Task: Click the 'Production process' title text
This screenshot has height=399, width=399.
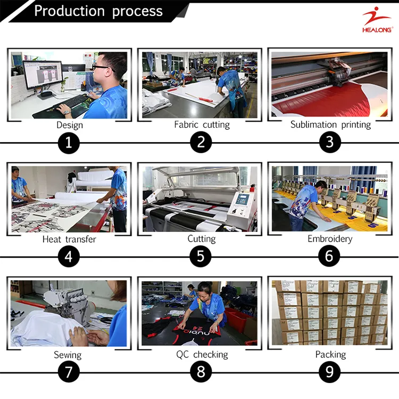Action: point(98,11)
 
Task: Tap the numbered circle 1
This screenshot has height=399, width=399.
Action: point(69,143)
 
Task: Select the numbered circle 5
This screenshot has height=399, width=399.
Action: point(201,256)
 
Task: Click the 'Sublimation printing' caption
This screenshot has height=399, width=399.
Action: point(330,124)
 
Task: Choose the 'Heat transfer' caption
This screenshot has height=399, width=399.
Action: point(69,239)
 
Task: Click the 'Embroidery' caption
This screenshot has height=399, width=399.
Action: point(330,239)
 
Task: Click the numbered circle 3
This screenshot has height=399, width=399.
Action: point(329,143)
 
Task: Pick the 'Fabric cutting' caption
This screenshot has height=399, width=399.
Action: point(202,124)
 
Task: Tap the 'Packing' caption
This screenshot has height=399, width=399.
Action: point(330,354)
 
